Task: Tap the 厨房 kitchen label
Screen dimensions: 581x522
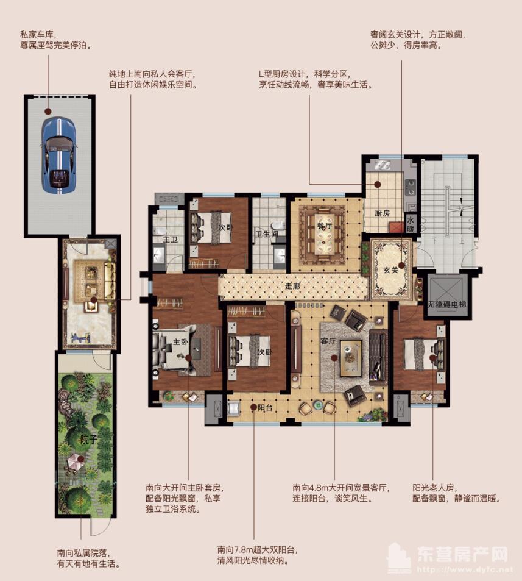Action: click(382, 213)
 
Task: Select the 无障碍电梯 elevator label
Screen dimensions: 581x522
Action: click(446, 303)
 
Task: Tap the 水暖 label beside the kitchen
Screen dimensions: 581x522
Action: click(411, 225)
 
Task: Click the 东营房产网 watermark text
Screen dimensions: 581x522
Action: click(462, 555)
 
